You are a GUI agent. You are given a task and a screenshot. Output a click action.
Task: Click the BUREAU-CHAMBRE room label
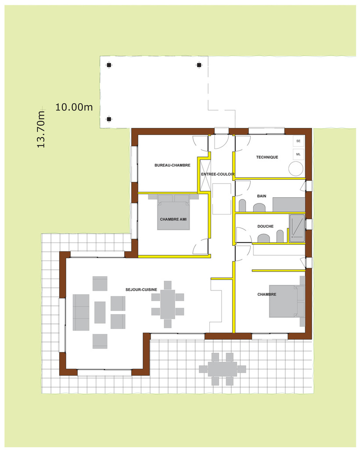[172, 165]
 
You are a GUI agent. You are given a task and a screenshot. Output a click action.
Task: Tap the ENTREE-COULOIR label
[217, 174]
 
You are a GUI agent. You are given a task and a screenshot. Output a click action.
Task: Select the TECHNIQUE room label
[267, 157]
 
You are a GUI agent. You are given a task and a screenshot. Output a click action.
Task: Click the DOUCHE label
[265, 226]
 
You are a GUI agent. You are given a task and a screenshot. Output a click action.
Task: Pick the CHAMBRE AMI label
[173, 219]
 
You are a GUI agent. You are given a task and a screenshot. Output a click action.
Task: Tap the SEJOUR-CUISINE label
[141, 290]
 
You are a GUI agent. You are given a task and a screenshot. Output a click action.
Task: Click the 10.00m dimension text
[74, 107]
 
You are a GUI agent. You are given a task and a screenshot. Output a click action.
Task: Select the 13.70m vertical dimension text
[41, 129]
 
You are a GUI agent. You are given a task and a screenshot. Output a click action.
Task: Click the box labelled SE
[299, 141]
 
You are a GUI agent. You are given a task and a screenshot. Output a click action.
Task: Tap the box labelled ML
[299, 154]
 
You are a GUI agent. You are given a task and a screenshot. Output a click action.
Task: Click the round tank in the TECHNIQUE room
[296, 169]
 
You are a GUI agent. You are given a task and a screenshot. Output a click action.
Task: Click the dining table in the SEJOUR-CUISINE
[167, 304]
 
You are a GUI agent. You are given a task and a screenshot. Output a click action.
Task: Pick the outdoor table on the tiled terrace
[222, 369]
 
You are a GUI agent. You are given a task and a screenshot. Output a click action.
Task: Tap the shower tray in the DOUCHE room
[296, 228]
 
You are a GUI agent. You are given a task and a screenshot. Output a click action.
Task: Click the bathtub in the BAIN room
[288, 204]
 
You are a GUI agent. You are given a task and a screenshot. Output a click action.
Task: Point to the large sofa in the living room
[81, 312]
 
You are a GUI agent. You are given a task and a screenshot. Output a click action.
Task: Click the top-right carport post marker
[199, 65]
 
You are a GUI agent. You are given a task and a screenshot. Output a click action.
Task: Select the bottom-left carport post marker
[109, 119]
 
